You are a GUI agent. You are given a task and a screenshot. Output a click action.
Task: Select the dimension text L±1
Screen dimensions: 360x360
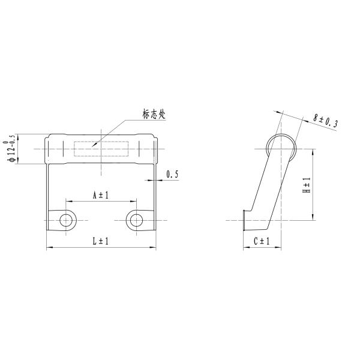(x=100, y=241)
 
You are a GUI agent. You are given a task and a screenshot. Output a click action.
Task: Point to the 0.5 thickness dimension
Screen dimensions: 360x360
(x=173, y=174)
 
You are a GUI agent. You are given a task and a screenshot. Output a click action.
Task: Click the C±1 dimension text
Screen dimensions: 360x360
(x=261, y=241)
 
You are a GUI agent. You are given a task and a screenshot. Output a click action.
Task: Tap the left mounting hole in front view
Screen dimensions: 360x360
(x=65, y=220)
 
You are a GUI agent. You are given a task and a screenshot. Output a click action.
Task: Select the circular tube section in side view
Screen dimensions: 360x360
(x=281, y=147)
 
